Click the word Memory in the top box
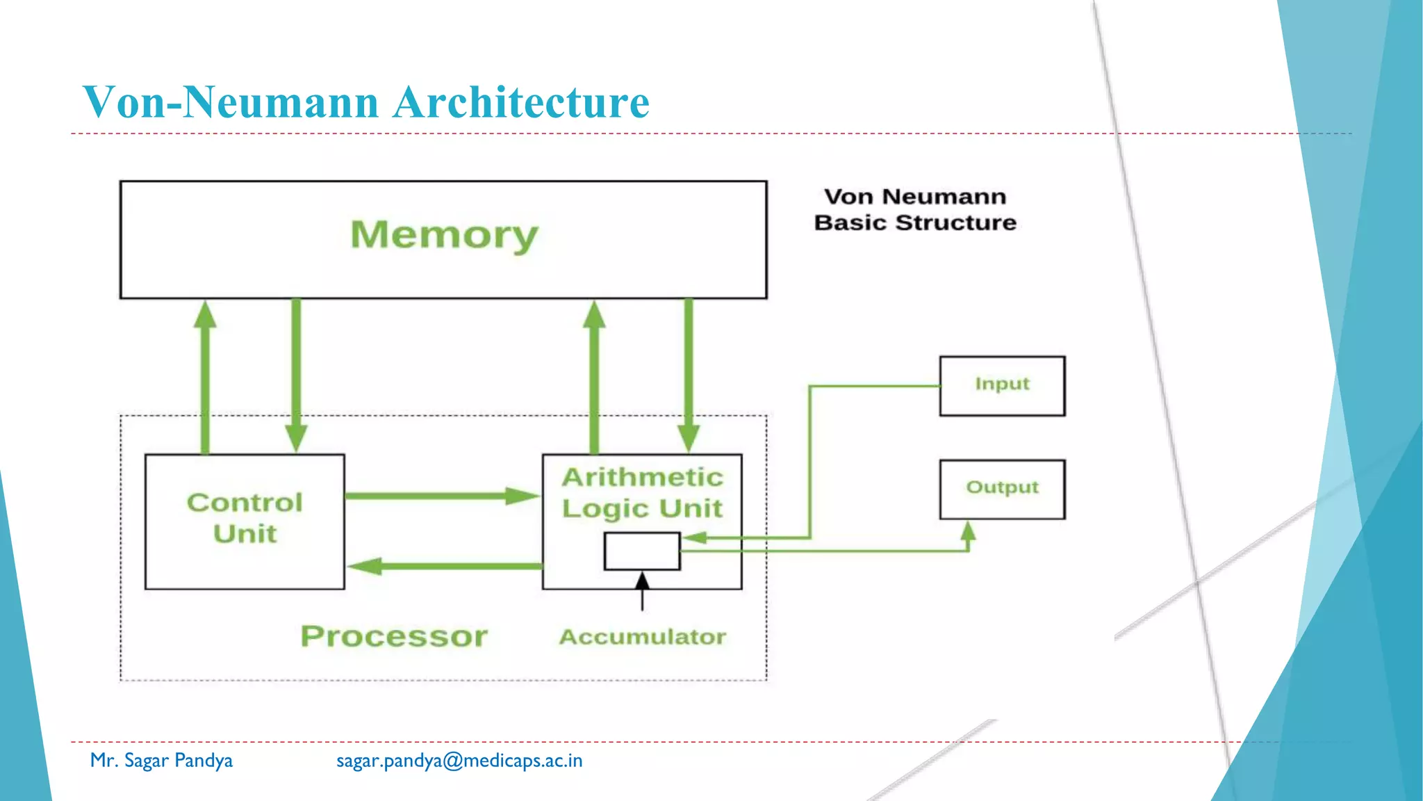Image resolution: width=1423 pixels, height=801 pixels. point(444,235)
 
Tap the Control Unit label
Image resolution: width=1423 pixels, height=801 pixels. point(245,518)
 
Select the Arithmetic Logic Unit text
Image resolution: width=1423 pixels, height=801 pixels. point(642,493)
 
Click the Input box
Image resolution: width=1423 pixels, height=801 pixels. point(1002,386)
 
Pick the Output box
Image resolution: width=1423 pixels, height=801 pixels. point(1002,489)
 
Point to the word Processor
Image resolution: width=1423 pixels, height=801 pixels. point(394,636)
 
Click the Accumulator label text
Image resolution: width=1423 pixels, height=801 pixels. point(643,637)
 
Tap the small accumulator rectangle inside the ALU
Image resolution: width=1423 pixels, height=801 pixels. point(642,551)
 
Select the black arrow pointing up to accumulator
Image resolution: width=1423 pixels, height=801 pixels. point(643,591)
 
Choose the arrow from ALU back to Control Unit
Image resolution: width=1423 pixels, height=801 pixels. point(445,566)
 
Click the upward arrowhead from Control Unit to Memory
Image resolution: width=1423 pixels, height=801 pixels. point(205,314)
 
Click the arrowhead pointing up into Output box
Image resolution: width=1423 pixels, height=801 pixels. point(969,532)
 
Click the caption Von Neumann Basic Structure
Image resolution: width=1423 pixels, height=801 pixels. point(915,209)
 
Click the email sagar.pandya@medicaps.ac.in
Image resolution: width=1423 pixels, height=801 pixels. point(459,761)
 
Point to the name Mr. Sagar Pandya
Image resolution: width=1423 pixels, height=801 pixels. point(161,761)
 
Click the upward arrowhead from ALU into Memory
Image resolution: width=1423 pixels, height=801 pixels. point(594,314)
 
